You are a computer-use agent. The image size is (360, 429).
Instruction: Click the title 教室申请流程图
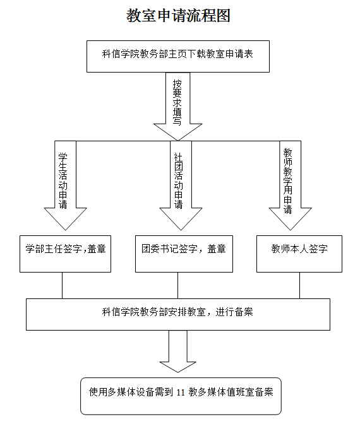(x=178, y=15)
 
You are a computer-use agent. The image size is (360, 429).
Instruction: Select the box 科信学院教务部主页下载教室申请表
(x=178, y=56)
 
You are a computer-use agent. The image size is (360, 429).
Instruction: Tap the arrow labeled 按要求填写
(x=178, y=107)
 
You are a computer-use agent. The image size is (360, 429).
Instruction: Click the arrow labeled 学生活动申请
(x=66, y=185)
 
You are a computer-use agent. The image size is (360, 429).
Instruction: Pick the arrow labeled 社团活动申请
(x=181, y=185)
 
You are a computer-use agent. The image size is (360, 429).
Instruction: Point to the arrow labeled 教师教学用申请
(x=291, y=185)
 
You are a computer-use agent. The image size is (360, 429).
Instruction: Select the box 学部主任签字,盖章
(x=65, y=254)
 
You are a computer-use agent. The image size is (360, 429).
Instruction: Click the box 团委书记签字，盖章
(x=184, y=254)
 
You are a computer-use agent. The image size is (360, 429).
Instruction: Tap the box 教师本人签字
(x=299, y=254)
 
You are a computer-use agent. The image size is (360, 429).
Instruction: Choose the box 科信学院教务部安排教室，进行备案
(x=178, y=314)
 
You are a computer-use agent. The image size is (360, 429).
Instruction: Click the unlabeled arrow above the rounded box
(x=178, y=351)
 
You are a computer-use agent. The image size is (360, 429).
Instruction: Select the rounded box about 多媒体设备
(x=181, y=396)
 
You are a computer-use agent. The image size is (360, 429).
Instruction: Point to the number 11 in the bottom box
(x=181, y=392)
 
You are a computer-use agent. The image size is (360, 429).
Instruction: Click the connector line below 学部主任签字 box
(x=62, y=285)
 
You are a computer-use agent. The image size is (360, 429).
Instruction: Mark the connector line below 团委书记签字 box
(x=178, y=285)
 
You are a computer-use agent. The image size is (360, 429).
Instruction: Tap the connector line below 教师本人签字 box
(x=300, y=285)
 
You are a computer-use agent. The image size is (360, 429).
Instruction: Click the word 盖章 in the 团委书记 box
(x=217, y=249)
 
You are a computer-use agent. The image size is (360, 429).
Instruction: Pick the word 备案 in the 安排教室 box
(x=244, y=312)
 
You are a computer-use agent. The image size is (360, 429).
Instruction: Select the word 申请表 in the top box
(x=239, y=54)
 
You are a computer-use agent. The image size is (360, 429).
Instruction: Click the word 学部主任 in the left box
(x=44, y=249)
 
